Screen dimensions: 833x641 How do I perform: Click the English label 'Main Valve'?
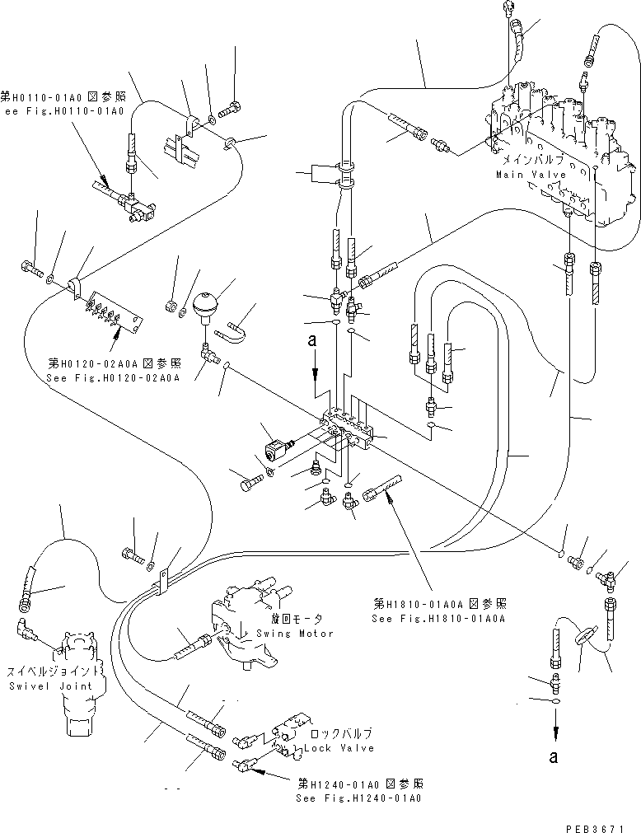(531, 175)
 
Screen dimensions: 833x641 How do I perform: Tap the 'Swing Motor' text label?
(294, 633)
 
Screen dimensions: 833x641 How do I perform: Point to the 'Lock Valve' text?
(339, 748)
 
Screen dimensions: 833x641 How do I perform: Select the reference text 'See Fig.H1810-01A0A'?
(437, 618)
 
